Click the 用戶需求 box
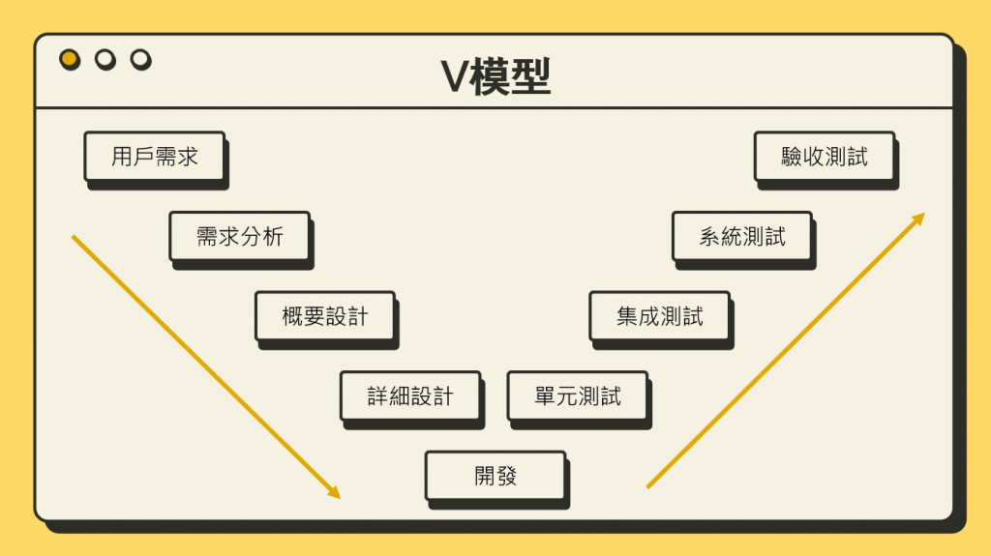(154, 157)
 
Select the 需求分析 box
(239, 236)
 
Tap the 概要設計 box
(325, 316)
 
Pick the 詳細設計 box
(410, 395)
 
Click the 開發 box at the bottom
(495, 476)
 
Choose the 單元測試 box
(578, 395)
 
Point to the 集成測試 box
(660, 316)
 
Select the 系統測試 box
(742, 236)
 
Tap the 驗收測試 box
(825, 157)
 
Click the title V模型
(495, 77)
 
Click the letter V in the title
(454, 78)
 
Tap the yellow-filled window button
(70, 60)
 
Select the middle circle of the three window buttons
(105, 60)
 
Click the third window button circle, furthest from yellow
(141, 60)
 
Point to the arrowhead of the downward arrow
(335, 494)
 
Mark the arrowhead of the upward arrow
(918, 219)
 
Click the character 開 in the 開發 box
(484, 476)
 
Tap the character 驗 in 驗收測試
(793, 157)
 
